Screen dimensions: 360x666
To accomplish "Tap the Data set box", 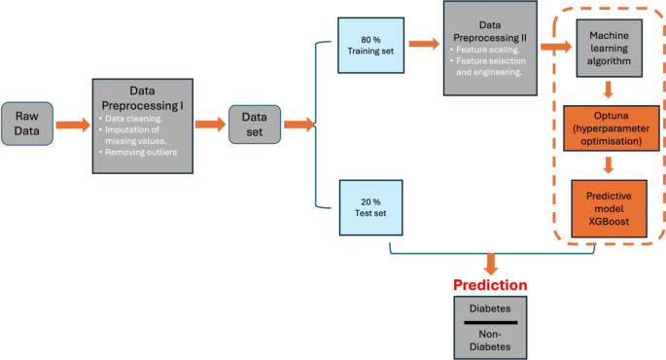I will [254, 125].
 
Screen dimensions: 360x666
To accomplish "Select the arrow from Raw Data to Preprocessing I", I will [73, 125].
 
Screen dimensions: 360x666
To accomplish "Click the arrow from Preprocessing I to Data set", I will [210, 125].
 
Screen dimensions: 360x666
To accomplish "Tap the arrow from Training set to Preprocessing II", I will [423, 44].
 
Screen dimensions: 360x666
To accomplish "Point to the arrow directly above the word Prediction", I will [490, 264].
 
